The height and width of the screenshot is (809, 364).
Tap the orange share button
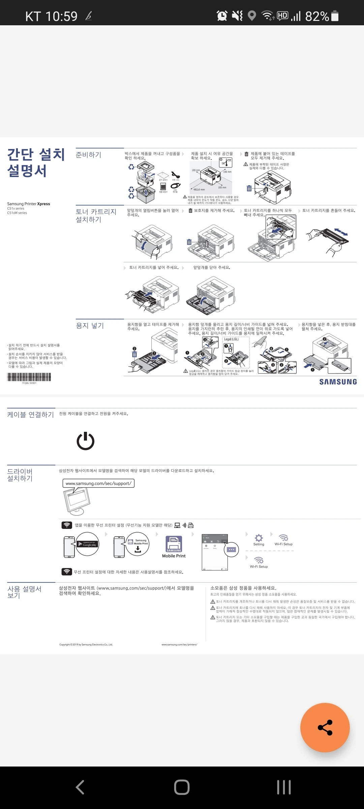(325, 727)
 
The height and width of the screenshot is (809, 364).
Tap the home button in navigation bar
(182, 787)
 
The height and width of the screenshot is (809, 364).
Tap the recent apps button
(284, 787)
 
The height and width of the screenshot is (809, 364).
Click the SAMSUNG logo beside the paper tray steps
(338, 382)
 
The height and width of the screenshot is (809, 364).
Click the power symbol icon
(86, 441)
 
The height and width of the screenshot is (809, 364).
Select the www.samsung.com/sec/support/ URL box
(98, 483)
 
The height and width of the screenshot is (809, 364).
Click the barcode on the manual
(29, 377)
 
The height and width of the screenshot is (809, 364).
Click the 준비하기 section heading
(88, 155)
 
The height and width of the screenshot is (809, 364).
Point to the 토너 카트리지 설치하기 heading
(96, 215)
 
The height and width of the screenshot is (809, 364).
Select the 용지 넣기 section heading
(90, 326)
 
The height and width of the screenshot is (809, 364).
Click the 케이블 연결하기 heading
(30, 415)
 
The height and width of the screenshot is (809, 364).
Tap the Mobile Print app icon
(174, 544)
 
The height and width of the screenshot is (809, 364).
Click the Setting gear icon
(259, 538)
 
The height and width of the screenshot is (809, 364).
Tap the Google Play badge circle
(87, 544)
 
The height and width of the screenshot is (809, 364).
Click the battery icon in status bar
(335, 16)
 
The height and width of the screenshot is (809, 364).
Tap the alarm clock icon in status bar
(222, 16)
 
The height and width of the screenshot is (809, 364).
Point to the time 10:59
(61, 16)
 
